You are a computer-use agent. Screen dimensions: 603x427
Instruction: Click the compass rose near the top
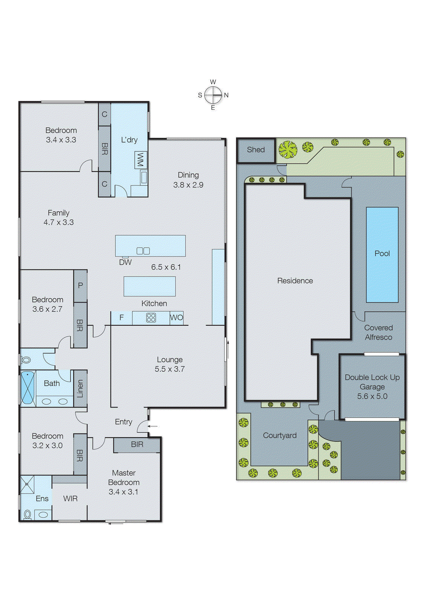coord(213,95)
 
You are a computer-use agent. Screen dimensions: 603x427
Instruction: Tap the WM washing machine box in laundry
coord(140,160)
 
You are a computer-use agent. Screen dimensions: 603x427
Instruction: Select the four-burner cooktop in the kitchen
coord(151,318)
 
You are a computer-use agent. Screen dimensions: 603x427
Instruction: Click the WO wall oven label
coord(176,317)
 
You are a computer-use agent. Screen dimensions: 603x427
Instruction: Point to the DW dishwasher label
coord(125,262)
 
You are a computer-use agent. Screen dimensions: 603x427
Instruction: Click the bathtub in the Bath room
coord(27,388)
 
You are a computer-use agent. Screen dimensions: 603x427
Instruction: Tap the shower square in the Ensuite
coord(27,485)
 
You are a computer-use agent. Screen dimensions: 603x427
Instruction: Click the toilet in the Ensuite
coord(28,514)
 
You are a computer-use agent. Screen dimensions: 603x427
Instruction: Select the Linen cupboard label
coord(80,389)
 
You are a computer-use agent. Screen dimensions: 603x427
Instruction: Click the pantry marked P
coord(80,286)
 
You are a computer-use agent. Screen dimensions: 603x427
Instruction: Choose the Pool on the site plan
coord(382,254)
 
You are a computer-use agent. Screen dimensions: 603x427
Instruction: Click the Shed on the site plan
coord(256,150)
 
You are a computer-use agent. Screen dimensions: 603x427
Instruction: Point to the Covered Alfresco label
coord(378,332)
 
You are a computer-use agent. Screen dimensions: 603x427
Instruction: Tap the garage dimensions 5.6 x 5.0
coord(372,396)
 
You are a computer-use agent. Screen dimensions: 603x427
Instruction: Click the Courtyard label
coord(280,435)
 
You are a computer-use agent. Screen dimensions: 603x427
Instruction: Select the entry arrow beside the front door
coord(153,426)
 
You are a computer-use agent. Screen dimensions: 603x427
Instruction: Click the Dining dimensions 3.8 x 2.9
coord(188,185)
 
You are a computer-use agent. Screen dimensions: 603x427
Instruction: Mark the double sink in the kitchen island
coord(143,251)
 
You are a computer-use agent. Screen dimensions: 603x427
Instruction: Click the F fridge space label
coord(121,318)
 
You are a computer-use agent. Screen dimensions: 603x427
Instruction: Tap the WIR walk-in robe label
coord(70,499)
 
